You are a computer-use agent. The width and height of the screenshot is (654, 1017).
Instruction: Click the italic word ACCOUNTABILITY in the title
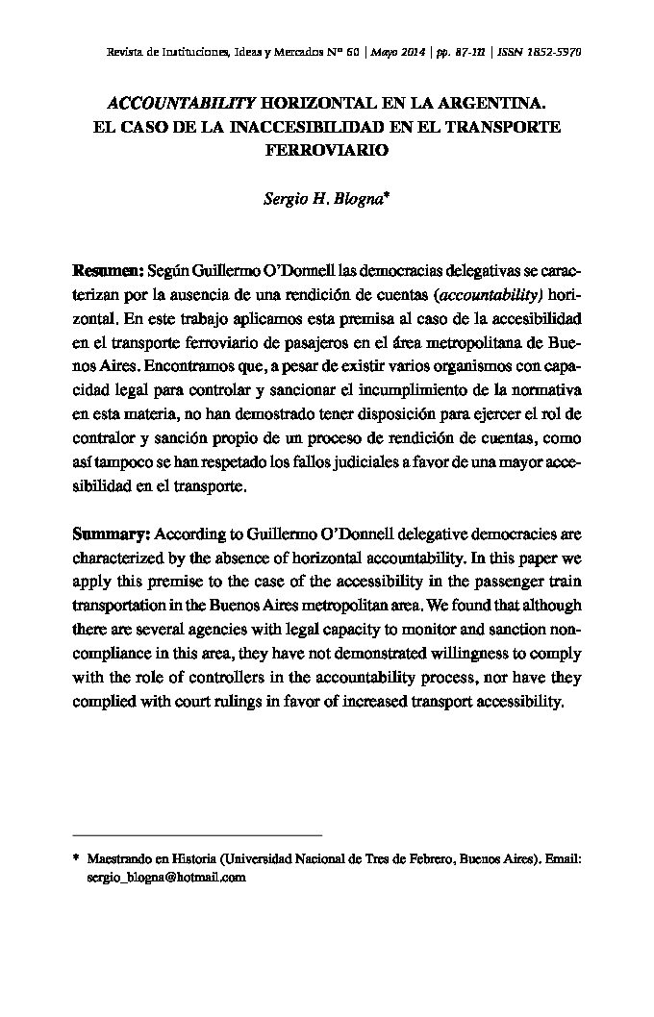[180, 101]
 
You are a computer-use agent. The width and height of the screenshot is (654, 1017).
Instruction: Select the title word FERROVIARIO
[326, 151]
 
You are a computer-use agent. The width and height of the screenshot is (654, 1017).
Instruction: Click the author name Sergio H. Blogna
[322, 201]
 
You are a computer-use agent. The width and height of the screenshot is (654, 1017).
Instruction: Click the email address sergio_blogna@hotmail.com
[166, 878]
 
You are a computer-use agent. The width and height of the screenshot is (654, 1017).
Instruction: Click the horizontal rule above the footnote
[197, 835]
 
